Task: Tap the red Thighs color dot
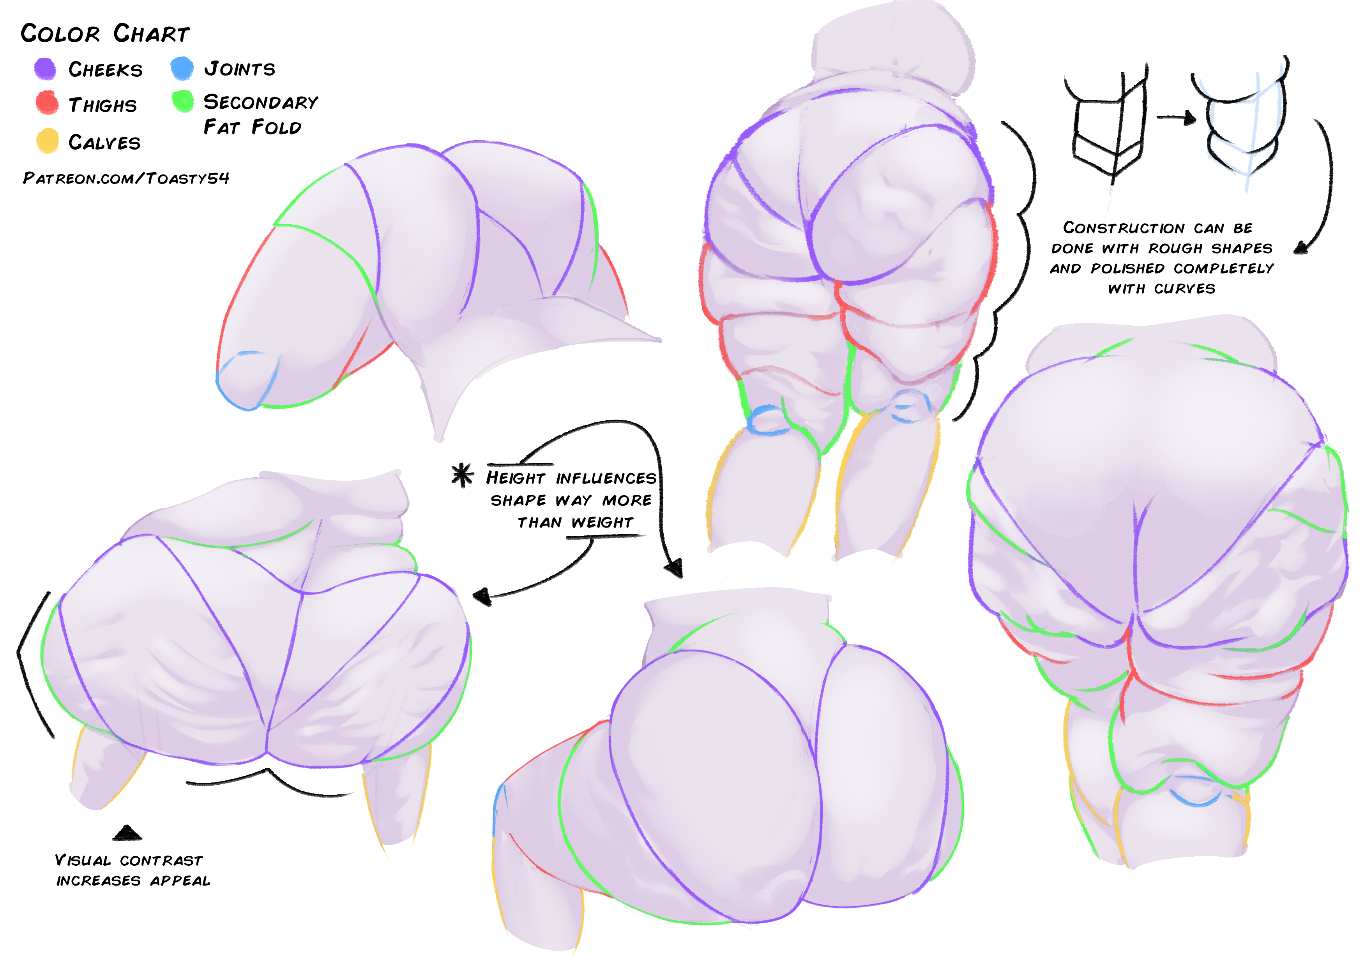[47, 102]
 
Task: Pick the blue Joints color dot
[182, 68]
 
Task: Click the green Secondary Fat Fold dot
[182, 101]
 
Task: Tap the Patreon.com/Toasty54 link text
[126, 178]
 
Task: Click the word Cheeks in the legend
[106, 70]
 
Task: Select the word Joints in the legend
[239, 68]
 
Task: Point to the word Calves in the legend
[104, 142]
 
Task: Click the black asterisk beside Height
[463, 475]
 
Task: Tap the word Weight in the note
[602, 522]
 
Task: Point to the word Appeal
[180, 881]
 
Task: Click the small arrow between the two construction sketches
[1176, 118]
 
